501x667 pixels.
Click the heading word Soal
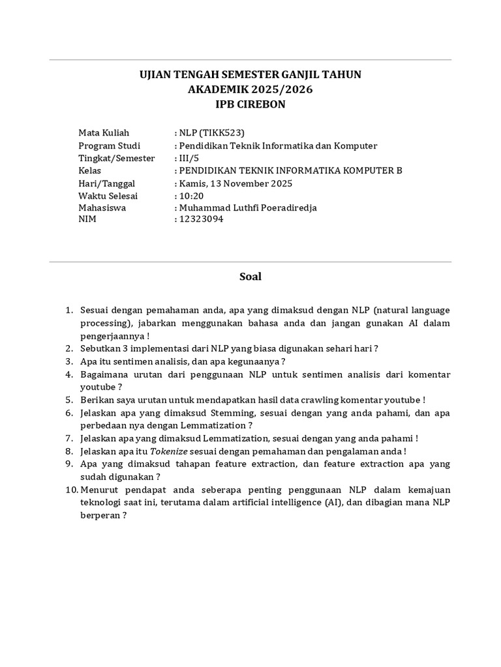250,277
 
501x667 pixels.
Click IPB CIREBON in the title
250,104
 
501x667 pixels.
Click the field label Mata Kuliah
104,134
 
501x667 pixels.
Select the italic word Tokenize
170,451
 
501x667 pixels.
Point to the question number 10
71,489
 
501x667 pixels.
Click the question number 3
68,362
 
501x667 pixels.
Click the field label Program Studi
109,146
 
